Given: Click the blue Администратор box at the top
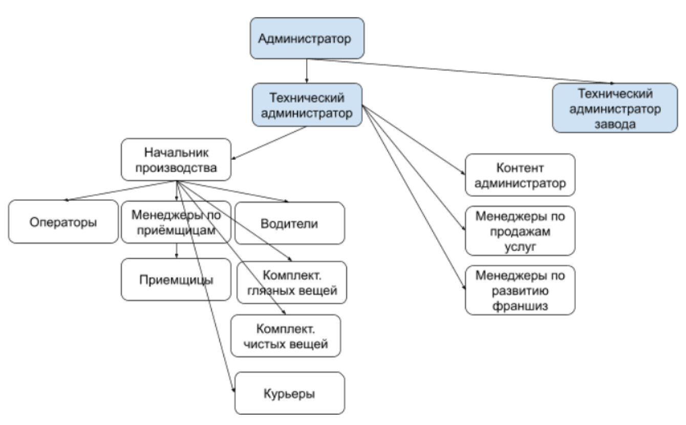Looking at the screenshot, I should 307,38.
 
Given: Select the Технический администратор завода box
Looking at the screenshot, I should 614,108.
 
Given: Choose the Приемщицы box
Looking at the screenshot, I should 177,280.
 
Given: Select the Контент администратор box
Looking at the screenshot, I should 520,176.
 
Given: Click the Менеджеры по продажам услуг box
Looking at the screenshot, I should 520,230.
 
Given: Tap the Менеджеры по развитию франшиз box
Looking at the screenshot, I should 520,290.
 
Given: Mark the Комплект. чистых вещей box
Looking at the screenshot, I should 286,335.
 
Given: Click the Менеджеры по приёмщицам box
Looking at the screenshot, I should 177,222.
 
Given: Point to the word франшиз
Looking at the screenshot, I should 520,306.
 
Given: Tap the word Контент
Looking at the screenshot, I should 520,168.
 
